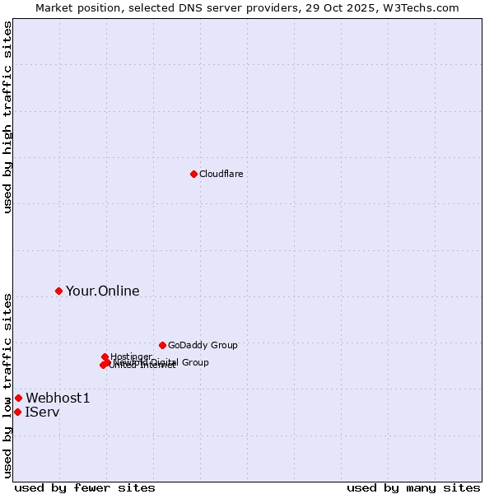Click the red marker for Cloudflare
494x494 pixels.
(x=193, y=174)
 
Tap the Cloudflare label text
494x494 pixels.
(x=221, y=174)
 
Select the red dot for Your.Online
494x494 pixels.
(x=58, y=291)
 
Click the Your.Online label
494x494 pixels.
(x=102, y=291)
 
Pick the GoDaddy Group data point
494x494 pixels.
(x=162, y=345)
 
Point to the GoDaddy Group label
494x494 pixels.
(x=203, y=345)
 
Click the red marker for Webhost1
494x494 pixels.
(x=18, y=398)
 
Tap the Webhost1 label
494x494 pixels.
(x=58, y=398)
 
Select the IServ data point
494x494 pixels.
(x=17, y=412)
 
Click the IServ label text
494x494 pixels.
(x=42, y=412)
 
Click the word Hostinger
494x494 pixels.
(x=131, y=357)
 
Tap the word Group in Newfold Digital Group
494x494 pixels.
(x=194, y=362)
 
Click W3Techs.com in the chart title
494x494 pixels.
(x=425, y=7)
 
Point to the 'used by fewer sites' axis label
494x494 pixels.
(x=85, y=487)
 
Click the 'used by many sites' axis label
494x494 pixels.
(x=413, y=487)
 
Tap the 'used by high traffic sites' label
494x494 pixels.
(x=7, y=117)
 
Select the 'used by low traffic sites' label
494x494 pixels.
(x=7, y=385)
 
